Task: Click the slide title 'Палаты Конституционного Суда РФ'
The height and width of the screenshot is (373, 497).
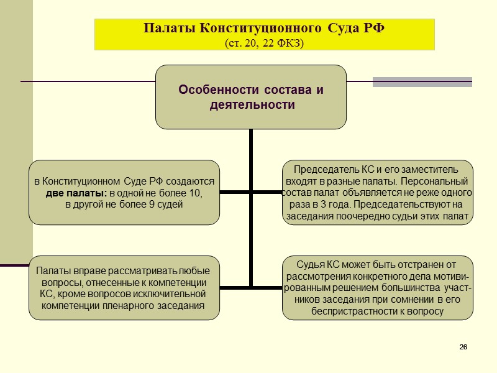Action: click(264, 29)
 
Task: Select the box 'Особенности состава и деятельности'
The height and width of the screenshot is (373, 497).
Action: click(250, 97)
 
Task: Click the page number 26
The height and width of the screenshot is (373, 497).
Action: click(463, 346)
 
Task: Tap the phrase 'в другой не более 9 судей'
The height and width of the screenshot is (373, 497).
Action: click(124, 205)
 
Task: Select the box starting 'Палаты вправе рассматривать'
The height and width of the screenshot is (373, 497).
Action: click(124, 288)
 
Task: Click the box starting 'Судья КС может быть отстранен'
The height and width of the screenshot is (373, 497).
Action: click(377, 288)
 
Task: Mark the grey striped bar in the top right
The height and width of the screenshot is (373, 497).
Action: click(422, 81)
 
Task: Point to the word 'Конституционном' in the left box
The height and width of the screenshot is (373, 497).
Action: click(80, 182)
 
